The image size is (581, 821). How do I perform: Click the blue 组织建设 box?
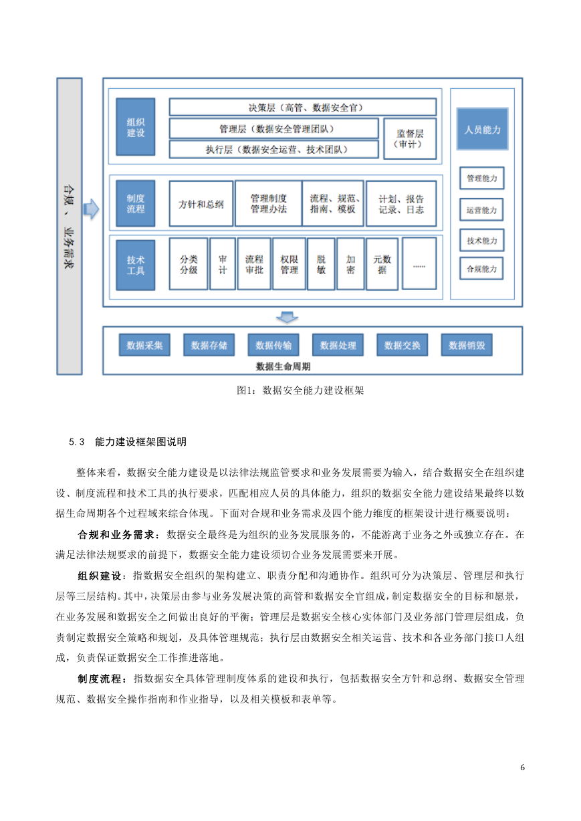(135, 127)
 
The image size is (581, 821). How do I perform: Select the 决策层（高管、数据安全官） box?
(303, 107)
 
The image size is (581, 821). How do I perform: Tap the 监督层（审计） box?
(410, 138)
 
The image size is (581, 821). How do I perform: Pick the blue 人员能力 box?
(483, 129)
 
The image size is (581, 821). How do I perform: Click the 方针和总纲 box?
(201, 204)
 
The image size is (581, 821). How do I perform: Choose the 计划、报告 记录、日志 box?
(401, 204)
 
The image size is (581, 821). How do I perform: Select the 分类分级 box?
(189, 264)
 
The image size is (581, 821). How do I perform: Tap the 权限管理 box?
(289, 264)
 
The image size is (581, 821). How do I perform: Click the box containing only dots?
(419, 263)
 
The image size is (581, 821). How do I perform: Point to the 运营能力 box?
(481, 210)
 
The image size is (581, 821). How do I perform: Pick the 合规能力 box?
(481, 269)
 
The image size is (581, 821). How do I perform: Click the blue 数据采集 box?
(144, 345)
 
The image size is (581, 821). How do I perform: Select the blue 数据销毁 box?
(467, 345)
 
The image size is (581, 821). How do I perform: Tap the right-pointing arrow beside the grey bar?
(92, 209)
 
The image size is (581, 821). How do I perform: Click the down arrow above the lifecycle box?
(287, 318)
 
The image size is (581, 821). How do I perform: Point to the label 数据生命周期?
(283, 366)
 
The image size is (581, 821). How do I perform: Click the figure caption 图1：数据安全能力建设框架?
(300, 390)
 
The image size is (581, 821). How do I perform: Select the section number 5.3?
(77, 442)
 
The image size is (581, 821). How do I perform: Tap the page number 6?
(522, 767)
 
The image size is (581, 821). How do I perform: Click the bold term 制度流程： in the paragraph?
(102, 679)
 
